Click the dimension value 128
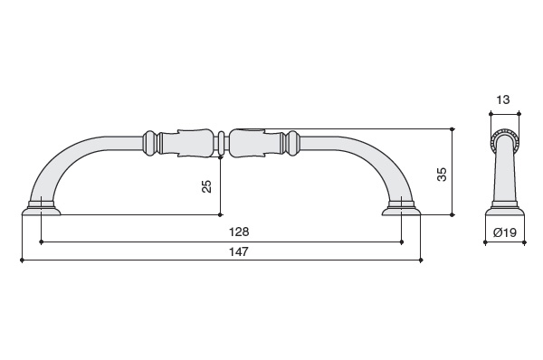(x=239, y=232)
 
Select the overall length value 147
(x=239, y=251)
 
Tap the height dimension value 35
(x=442, y=174)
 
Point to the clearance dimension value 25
(x=206, y=186)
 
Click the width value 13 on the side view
(x=503, y=100)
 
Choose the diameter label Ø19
(x=505, y=232)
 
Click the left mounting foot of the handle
(x=42, y=208)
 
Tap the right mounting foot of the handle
(x=401, y=208)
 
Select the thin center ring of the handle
(x=221, y=144)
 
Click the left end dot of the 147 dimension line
(x=22, y=260)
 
